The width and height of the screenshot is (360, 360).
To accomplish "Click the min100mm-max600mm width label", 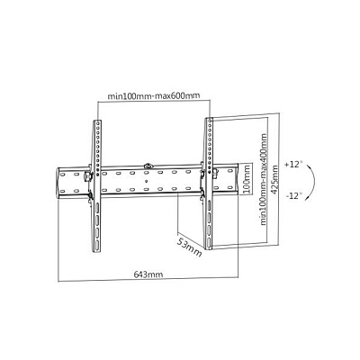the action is click(x=154, y=96).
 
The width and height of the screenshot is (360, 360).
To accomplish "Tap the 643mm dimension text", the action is click(x=148, y=274).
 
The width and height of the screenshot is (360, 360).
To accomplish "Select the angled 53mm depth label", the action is click(x=189, y=247).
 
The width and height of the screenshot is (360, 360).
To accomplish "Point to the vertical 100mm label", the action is click(x=246, y=179).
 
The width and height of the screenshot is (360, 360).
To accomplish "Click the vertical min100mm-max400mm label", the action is click(x=264, y=179).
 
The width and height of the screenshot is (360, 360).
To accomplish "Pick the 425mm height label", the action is click(x=274, y=180).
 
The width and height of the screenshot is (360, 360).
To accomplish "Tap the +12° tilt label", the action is click(x=293, y=165).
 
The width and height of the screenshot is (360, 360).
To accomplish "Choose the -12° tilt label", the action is click(x=294, y=196).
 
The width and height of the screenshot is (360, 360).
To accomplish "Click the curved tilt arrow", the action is click(x=313, y=180).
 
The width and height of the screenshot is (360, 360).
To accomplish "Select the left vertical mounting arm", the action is click(x=97, y=186).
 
